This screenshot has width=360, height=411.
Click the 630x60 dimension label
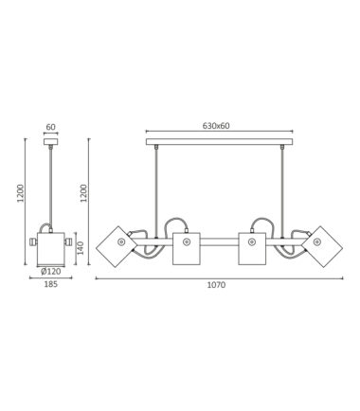216,126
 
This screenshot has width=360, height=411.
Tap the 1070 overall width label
216,285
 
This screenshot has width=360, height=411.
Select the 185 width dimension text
51,284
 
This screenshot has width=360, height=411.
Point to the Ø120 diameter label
51,271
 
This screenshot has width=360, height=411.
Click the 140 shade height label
81,248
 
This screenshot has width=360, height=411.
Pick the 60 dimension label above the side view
51,127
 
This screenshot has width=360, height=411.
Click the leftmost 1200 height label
21,193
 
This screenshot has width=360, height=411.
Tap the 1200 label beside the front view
83,193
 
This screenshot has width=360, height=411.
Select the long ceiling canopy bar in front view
219,142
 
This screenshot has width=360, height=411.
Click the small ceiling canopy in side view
51,142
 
